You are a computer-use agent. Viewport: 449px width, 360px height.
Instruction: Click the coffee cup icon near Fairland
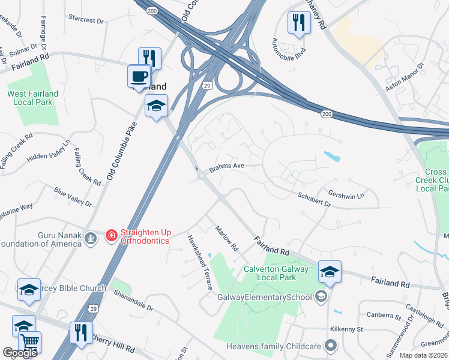(x=139, y=77)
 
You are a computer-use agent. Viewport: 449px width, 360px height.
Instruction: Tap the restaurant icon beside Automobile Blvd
(x=298, y=23)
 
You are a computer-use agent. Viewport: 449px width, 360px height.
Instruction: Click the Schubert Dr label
(x=314, y=199)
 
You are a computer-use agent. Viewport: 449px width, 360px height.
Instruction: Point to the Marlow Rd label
(x=227, y=238)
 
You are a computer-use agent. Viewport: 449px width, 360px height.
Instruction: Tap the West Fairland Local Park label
(x=33, y=98)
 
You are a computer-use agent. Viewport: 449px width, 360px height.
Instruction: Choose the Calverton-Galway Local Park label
(x=276, y=273)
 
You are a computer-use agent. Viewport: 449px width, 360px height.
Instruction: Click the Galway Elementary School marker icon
(x=321, y=296)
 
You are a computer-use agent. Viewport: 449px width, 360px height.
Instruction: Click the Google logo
(x=20, y=353)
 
